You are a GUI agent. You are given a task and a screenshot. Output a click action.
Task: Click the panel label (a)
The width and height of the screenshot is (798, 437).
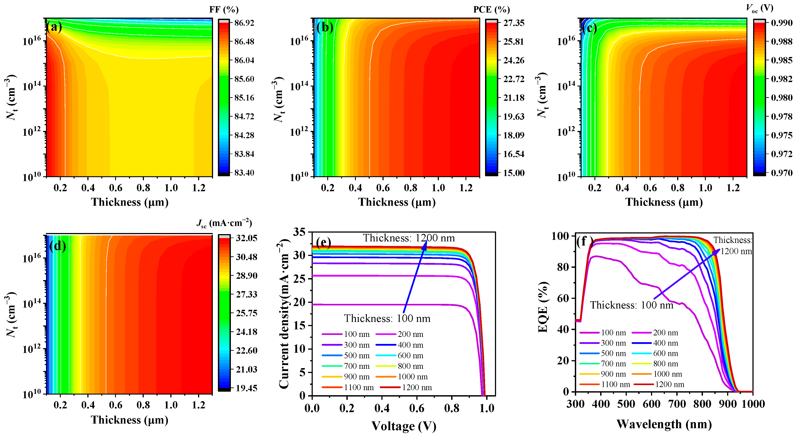tap(54, 27)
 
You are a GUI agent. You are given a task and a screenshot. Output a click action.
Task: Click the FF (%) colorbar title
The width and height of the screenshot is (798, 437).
tap(224, 10)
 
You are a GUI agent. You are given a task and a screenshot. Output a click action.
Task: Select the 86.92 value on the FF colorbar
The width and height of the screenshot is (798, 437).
tap(244, 23)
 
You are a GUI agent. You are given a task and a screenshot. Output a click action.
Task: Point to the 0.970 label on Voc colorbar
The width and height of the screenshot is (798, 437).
tap(781, 173)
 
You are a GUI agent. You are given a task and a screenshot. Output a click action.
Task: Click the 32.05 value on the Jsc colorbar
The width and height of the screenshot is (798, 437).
tap(246, 238)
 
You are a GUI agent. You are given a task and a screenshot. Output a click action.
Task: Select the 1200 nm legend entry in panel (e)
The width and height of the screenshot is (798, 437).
tap(416, 387)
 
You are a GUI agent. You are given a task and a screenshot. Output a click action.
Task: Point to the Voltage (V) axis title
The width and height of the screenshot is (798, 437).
tap(404, 426)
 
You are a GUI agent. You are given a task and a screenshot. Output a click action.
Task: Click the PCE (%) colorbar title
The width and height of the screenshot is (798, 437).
tap(491, 10)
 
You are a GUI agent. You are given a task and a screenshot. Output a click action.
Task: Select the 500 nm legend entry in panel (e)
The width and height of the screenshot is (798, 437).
tap(357, 356)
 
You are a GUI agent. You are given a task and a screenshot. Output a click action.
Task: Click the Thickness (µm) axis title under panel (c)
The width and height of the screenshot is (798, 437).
tap(664, 202)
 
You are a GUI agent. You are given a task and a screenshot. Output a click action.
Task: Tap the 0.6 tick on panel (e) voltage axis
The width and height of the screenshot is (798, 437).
tap(417, 408)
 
